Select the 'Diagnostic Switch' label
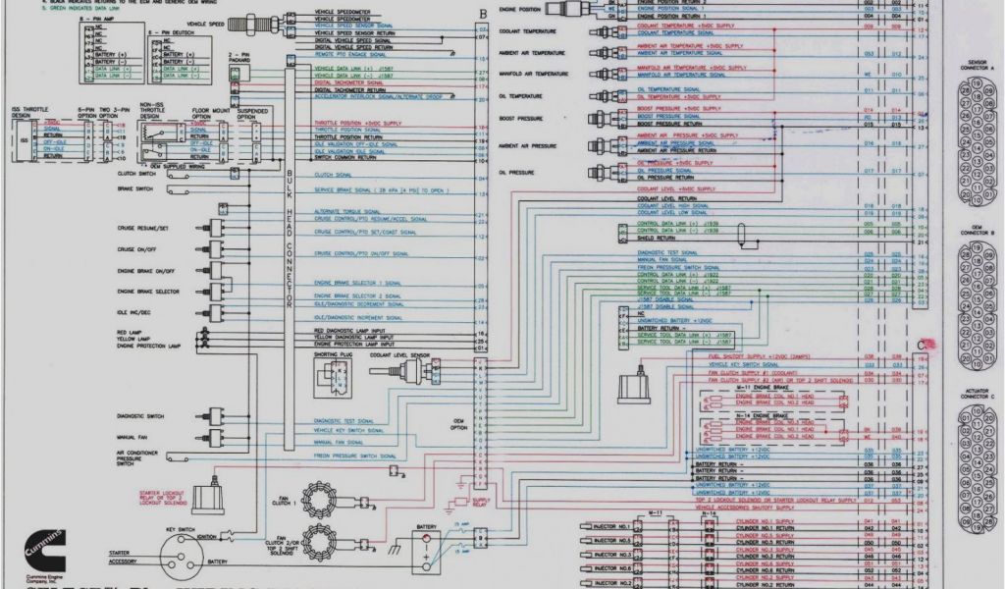click(138, 416)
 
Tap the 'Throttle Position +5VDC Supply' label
click(358, 123)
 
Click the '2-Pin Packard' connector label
click(238, 58)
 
